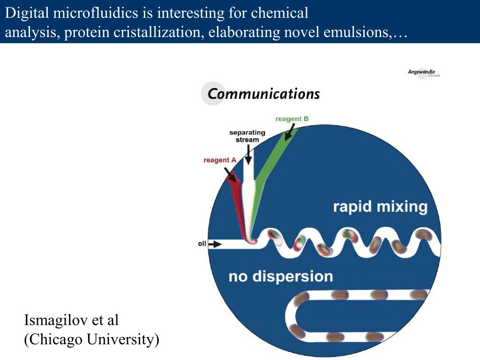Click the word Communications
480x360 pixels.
pyautogui.click(x=263, y=94)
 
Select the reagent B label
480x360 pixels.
pyautogui.click(x=292, y=119)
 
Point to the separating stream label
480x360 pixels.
pyautogui.click(x=247, y=136)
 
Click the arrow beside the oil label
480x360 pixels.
pyautogui.click(x=215, y=244)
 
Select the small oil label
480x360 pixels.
pyautogui.click(x=202, y=244)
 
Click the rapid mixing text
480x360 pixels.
pyautogui.click(x=380, y=207)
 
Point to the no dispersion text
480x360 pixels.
pyautogui.click(x=281, y=276)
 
